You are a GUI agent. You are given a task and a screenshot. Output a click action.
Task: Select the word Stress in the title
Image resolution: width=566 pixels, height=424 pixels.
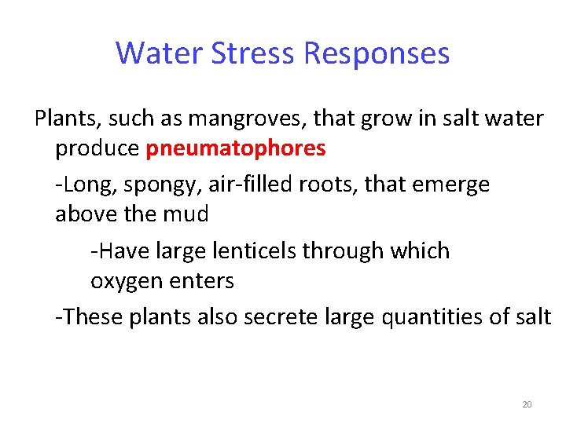[252, 53]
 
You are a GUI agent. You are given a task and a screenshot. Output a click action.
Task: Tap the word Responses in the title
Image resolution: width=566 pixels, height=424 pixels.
[376, 53]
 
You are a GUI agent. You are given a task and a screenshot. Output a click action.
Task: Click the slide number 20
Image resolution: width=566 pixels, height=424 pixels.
[527, 404]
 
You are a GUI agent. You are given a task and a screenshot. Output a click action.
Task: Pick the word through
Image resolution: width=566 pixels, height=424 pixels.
[377, 251]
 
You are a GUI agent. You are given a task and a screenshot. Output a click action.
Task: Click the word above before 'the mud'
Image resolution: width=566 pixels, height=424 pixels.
[90, 214]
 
